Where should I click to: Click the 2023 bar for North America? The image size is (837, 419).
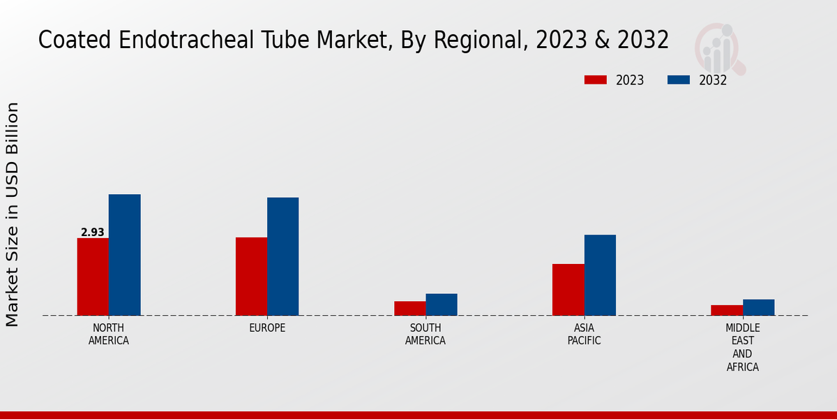coord(93,277)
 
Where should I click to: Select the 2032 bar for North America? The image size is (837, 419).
coord(124,255)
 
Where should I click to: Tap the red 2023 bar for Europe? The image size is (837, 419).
coord(251,277)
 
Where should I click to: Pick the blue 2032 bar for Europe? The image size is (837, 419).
coord(282,256)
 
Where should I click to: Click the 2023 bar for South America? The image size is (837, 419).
coord(409,308)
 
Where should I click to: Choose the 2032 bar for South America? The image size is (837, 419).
coord(442,304)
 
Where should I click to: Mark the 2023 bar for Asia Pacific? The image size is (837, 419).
coord(568,290)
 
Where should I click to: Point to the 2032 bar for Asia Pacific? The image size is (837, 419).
coord(600,275)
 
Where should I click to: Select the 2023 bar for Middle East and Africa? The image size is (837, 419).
coord(727,310)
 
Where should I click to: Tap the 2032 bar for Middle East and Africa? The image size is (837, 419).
coord(758,307)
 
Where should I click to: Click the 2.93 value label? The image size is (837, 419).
coord(92,232)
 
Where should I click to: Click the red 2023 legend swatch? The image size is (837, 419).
coord(595,80)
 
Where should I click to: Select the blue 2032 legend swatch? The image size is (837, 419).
coord(679,80)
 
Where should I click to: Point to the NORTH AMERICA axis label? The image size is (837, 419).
coord(108,335)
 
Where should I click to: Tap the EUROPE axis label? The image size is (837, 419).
coord(267,328)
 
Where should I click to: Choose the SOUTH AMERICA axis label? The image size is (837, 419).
coord(425,335)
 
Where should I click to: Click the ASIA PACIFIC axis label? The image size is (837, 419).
coord(584,335)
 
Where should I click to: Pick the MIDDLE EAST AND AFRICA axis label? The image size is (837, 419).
coord(742,347)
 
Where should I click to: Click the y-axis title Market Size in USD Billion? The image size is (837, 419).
coord(13,214)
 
